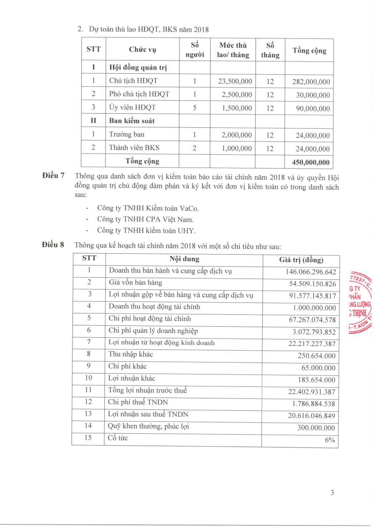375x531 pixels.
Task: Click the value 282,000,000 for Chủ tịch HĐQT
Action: click(x=311, y=82)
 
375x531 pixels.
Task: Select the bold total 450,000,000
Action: click(x=311, y=162)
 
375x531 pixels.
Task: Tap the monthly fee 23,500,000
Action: click(x=235, y=81)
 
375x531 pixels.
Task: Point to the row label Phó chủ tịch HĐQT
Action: click(x=139, y=94)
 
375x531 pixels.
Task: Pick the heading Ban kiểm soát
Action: click(x=132, y=121)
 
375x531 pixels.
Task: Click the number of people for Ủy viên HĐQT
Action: click(x=194, y=107)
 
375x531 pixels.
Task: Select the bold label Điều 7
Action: click(x=53, y=176)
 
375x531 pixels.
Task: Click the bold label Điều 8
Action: click(x=53, y=244)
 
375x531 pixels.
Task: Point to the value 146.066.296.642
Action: click(x=311, y=271)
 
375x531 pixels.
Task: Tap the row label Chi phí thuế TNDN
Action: click(x=138, y=402)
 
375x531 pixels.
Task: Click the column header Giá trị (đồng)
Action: click(x=301, y=260)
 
